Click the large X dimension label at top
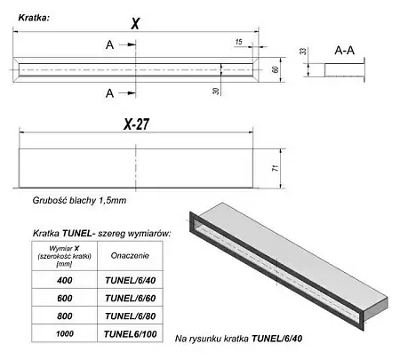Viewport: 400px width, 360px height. pyautogui.click(x=135, y=23)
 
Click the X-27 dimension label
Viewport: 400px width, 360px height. pyautogui.click(x=136, y=124)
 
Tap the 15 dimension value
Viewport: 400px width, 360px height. pyautogui.click(x=239, y=42)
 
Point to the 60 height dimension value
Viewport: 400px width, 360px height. pyautogui.click(x=276, y=69)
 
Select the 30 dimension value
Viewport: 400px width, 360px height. pyautogui.click(x=216, y=91)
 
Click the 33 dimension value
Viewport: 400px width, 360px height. pyautogui.click(x=303, y=51)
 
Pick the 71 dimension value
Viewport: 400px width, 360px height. pyautogui.click(x=276, y=168)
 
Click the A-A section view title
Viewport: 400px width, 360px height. pyautogui.click(x=344, y=51)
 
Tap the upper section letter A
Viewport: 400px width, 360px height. pyautogui.click(x=109, y=45)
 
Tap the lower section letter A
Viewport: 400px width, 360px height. pyautogui.click(x=109, y=93)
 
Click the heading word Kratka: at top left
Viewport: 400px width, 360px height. pyautogui.click(x=34, y=18)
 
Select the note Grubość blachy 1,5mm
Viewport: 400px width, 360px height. pyautogui.click(x=79, y=201)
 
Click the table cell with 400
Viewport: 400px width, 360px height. pyautogui.click(x=65, y=280)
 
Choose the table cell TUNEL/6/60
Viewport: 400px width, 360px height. pyautogui.click(x=131, y=298)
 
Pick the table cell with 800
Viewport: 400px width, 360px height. pyautogui.click(x=65, y=316)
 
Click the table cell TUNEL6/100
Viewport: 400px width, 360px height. pyautogui.click(x=131, y=334)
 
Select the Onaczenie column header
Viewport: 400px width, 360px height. pyautogui.click(x=130, y=256)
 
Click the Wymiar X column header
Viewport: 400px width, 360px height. pyautogui.click(x=64, y=256)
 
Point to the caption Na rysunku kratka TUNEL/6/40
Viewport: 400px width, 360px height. pyautogui.click(x=238, y=339)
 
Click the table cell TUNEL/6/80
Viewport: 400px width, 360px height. pyautogui.click(x=131, y=316)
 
